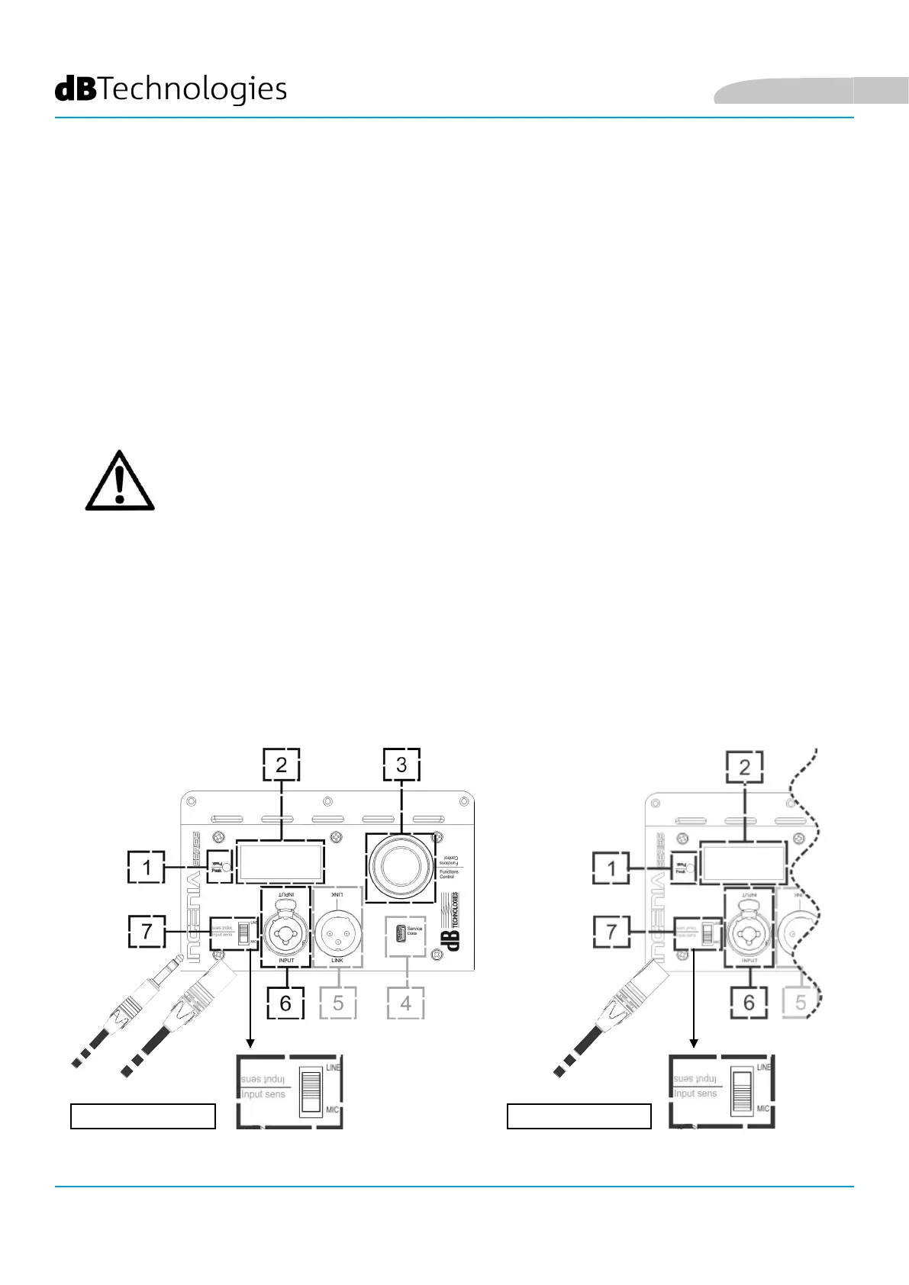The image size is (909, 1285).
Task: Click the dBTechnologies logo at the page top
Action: click(x=171, y=89)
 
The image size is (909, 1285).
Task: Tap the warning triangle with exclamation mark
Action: click(x=120, y=482)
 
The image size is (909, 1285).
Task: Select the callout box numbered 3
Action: click(x=401, y=765)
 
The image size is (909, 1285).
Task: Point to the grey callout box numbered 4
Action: click(x=405, y=1003)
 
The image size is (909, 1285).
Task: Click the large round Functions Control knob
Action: click(x=401, y=867)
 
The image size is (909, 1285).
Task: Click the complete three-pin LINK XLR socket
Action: click(x=337, y=930)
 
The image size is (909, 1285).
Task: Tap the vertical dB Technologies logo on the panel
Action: click(x=453, y=921)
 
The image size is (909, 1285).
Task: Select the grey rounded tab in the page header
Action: click(x=809, y=91)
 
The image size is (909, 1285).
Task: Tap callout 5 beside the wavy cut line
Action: click(x=800, y=1003)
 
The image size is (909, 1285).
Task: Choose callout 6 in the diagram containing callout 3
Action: click(x=285, y=1003)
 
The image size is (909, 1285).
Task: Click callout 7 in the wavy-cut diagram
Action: click(x=611, y=931)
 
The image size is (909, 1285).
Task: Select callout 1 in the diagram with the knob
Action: click(x=146, y=868)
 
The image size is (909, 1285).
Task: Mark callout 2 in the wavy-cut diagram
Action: click(x=745, y=767)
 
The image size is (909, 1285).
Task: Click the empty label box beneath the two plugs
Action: click(x=143, y=1116)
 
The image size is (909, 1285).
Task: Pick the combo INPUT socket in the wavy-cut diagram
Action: click(x=749, y=930)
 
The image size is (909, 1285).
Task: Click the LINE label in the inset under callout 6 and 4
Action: click(x=333, y=1068)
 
